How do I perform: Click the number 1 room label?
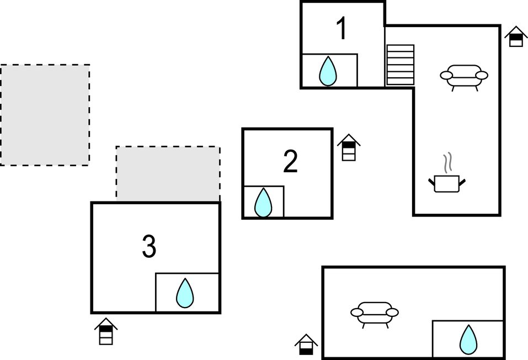[342, 29]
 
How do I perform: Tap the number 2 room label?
[290, 161]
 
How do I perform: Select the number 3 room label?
[149, 247]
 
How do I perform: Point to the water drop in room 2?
[263, 203]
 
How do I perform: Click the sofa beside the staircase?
[464, 76]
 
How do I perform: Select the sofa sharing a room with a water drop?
[375, 314]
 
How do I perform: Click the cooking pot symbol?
[447, 183]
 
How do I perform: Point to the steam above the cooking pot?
[449, 162]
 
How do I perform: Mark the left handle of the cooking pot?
[431, 181]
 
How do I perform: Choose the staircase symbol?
[400, 65]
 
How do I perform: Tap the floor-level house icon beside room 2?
[349, 147]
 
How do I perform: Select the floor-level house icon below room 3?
[106, 331]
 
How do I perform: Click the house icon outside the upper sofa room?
[516, 37]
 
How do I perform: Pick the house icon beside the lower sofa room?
[306, 345]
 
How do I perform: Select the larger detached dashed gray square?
[45, 115]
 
